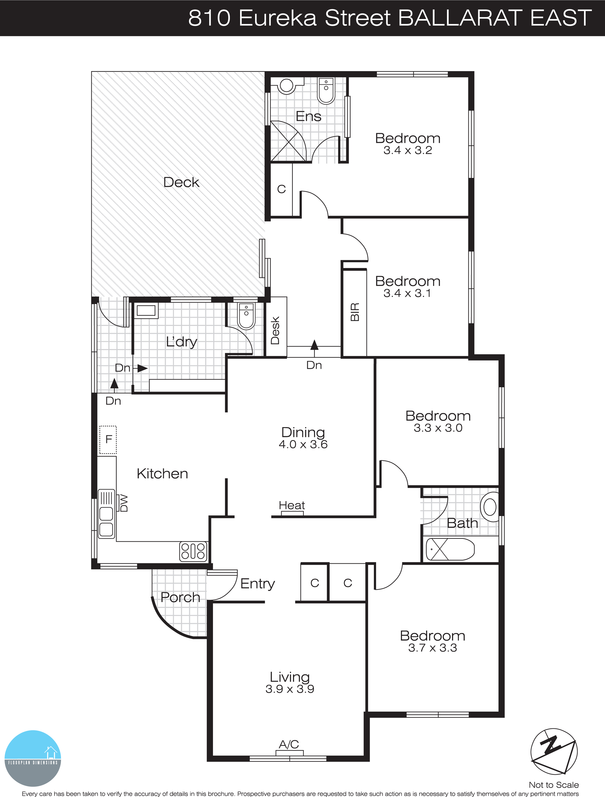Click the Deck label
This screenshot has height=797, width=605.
pos(181,182)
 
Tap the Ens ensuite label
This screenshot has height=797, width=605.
pos(308,116)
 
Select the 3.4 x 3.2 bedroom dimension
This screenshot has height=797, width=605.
pos(408,151)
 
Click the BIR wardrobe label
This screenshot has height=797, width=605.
pos(355,312)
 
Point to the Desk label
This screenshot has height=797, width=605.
pos(275,330)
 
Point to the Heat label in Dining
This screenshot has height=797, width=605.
pos(292,506)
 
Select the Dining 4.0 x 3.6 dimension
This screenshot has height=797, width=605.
pos(303,444)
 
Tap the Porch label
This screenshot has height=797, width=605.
pos(180,597)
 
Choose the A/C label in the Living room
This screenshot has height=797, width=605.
pos(289,744)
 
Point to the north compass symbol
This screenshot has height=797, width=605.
pos(554,752)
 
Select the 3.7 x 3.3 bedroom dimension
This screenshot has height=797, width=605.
pos(432,648)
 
